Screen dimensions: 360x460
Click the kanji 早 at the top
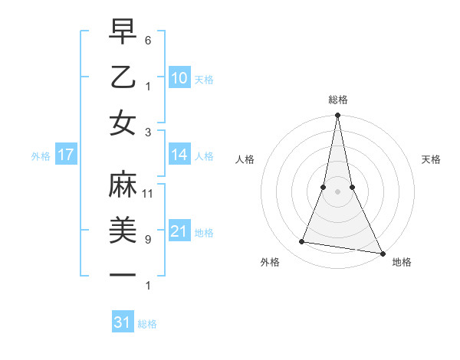123,33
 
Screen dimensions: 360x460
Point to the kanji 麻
123,185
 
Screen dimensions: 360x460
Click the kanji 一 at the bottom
123,275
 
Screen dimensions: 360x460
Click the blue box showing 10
179,77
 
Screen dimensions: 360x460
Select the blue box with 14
179,155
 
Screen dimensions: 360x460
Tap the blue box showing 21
179,231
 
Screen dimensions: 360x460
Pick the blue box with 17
66,155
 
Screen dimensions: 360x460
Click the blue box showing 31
123,322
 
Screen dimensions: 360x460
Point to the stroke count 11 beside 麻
149,193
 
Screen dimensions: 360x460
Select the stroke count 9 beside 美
148,239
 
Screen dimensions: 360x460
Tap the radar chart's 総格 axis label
337,100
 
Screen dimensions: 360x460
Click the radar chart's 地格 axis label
402,262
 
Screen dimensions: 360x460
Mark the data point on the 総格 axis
337,116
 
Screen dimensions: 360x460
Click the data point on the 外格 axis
302,242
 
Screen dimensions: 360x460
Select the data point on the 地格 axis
382,252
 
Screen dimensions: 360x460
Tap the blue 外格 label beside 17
40,156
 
